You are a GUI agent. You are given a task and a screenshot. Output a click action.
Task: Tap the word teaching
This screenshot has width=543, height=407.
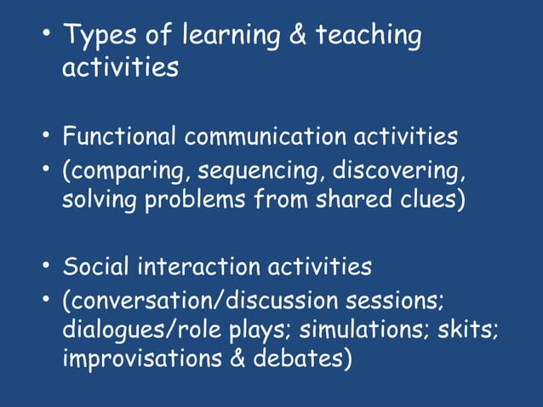[x=369, y=37]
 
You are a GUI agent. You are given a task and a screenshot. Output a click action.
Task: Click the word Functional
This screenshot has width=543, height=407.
[x=121, y=136]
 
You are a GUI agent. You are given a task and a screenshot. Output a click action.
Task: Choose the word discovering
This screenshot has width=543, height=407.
[x=397, y=171]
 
